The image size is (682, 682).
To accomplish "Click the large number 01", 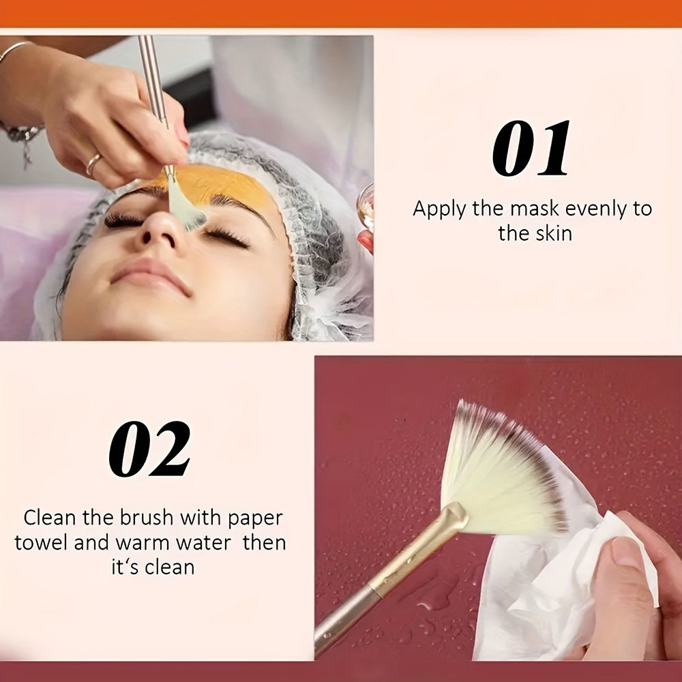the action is [531, 148].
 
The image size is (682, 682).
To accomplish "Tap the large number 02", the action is [149, 449].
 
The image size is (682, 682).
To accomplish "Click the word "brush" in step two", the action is [147, 518].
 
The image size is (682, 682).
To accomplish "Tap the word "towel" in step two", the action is [42, 543].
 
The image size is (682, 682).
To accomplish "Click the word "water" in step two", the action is [204, 544].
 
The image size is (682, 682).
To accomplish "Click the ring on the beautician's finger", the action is [93, 164].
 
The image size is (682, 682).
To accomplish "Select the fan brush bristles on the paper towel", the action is [505, 470].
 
